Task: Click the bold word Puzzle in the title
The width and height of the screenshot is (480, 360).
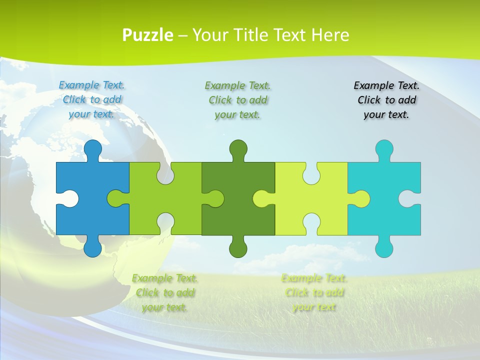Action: tap(148, 35)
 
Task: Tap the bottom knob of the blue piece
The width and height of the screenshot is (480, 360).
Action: tap(92, 247)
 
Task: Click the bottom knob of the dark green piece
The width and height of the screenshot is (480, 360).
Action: tap(238, 247)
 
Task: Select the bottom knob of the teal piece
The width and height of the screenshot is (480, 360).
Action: tap(384, 247)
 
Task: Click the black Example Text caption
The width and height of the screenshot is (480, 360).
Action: tap(386, 100)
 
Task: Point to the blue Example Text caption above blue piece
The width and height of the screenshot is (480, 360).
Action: tap(92, 99)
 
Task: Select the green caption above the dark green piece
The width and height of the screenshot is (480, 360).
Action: tap(238, 100)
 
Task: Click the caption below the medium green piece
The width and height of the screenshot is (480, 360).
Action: tap(165, 292)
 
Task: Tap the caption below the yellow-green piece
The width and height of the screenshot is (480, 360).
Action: tap(314, 292)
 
